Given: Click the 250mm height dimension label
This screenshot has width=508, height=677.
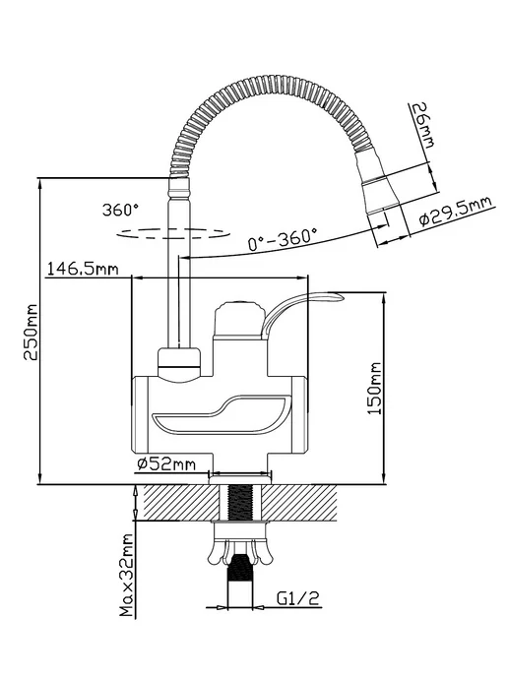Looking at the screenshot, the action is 31,332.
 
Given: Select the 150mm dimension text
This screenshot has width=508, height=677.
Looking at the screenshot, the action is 374,389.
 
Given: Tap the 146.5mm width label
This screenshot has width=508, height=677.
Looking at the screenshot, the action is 83,269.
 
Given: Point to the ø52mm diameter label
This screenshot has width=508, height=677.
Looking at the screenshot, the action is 166,464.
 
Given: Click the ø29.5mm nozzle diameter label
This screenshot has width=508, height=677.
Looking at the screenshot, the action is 456,212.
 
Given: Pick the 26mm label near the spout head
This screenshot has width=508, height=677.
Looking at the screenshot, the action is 422,125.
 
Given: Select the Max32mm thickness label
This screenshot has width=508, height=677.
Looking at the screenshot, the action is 127,576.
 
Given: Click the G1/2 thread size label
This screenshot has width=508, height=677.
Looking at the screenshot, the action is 298,598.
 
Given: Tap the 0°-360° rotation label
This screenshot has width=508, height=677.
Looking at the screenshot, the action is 283,239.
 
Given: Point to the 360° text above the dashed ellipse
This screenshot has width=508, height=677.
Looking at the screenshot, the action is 120,210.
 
